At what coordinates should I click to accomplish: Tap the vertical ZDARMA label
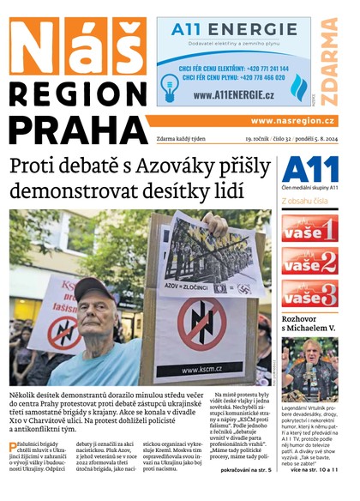pos(330,59)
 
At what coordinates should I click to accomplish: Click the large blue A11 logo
pos(309,169)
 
